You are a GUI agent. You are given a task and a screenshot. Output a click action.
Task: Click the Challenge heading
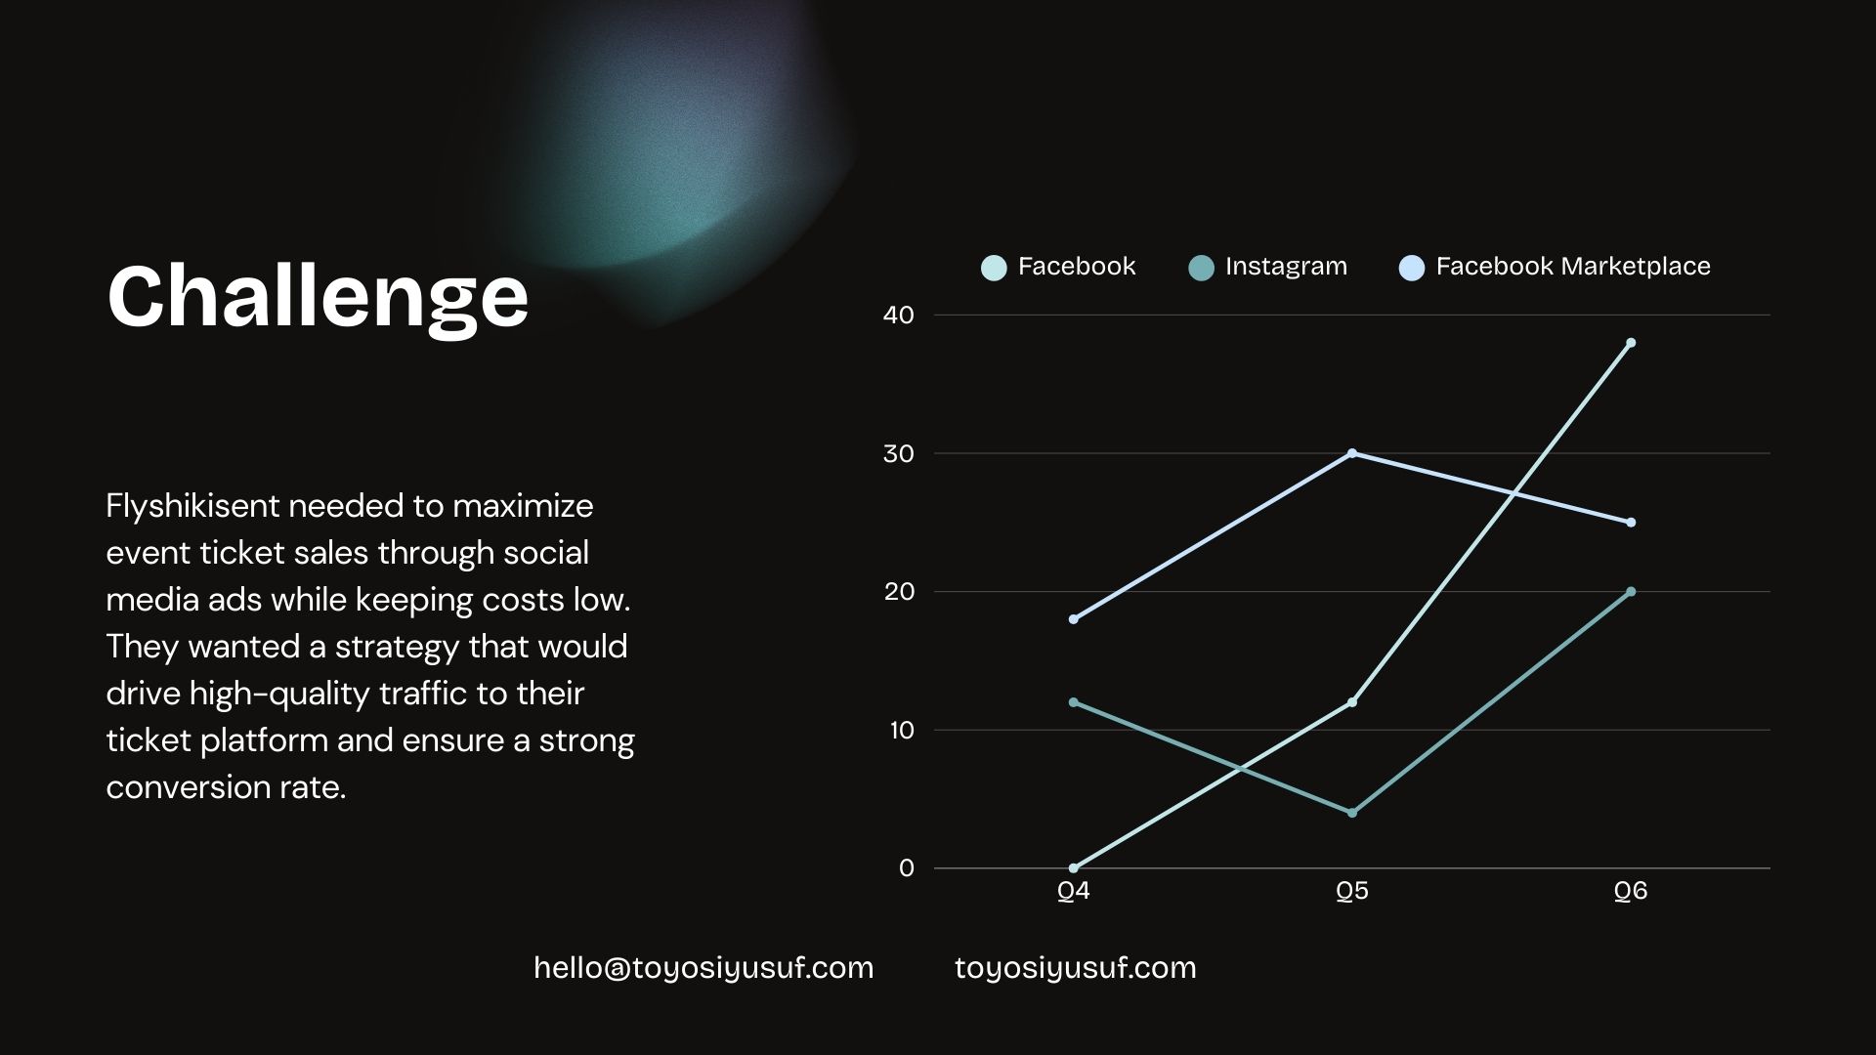coord(318,297)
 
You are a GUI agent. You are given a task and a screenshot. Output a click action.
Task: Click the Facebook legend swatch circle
coord(994,268)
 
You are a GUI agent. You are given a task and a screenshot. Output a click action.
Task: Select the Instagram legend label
coord(1286,267)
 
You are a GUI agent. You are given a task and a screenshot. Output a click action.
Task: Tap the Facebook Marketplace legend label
coord(1573,267)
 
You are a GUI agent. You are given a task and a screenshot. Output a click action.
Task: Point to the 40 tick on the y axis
coord(898,315)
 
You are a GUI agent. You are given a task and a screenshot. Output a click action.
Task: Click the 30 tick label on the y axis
coord(898,453)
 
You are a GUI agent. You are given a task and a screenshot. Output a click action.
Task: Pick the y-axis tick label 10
coord(901,730)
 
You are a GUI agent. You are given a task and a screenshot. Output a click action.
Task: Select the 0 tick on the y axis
coord(907,868)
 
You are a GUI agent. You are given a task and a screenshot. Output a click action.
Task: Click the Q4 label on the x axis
coord(1074,891)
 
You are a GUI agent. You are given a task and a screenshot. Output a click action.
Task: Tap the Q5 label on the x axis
coord(1352,891)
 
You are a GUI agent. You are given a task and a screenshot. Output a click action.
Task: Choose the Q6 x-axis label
coord(1631,891)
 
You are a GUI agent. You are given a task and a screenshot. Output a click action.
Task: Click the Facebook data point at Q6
coord(1631,343)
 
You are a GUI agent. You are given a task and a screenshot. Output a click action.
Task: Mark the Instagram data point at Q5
coord(1352,813)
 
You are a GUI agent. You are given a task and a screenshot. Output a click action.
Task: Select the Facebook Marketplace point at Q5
coord(1352,453)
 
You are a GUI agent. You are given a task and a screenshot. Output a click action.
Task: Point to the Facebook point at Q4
coord(1074,868)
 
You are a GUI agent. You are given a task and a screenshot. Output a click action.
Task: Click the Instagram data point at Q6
coord(1631,592)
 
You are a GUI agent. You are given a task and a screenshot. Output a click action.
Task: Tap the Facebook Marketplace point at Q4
coord(1074,619)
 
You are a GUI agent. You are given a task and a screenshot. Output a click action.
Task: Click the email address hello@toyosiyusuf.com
coord(703,968)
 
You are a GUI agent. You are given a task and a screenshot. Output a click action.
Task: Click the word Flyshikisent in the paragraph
coord(192,506)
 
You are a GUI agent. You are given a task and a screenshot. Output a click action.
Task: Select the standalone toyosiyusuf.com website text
coord(1075,968)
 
